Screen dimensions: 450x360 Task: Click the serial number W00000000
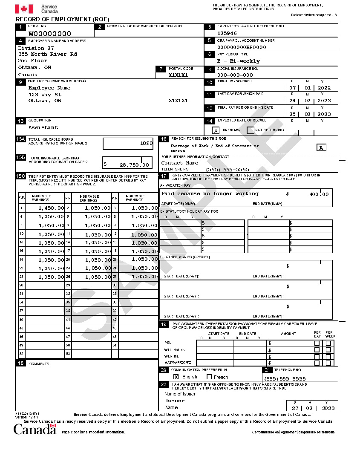(49, 34)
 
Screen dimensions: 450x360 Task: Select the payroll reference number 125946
(227, 33)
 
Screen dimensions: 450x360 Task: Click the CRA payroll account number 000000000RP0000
(242, 47)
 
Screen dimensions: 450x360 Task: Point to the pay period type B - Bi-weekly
(238, 61)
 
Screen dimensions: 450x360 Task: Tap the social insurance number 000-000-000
(235, 75)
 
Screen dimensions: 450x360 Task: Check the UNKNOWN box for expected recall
(216, 130)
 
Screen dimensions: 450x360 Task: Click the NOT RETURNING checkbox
(251, 130)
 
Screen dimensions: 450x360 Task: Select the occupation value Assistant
(43, 127)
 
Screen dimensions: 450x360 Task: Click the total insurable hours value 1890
(146, 143)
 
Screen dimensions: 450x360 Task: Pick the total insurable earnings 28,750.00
(134, 164)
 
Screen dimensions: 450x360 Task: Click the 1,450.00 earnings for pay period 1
(51, 208)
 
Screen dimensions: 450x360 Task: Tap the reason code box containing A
(322, 148)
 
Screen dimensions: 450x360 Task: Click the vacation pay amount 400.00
(319, 194)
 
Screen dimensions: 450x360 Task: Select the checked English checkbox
(176, 377)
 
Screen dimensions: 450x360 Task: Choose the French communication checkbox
(209, 377)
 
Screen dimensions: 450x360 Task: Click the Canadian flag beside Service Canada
(24, 9)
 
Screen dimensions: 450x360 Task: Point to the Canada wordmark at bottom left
(35, 429)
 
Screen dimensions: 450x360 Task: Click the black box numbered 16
(164, 139)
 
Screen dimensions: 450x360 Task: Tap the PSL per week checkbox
(328, 343)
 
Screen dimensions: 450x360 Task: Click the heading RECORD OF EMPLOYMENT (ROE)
(62, 19)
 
